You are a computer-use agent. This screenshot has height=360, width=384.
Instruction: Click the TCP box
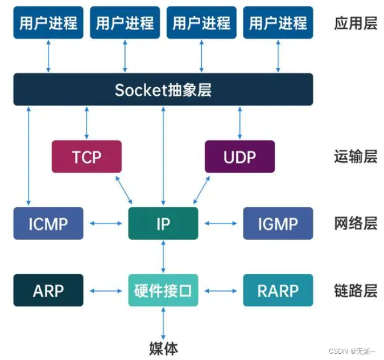pyautogui.click(x=86, y=157)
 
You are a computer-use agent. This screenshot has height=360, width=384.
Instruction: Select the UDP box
pyautogui.click(x=240, y=157)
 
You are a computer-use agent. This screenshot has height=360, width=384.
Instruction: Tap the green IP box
pyautogui.click(x=163, y=223)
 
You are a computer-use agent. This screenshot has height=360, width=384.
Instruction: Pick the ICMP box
pyautogui.click(x=48, y=223)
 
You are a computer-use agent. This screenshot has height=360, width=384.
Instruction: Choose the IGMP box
pyautogui.click(x=278, y=223)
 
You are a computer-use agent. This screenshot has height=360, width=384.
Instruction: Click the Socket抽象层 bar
pyautogui.click(x=163, y=89)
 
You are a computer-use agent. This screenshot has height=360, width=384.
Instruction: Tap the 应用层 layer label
pyautogui.click(x=355, y=23)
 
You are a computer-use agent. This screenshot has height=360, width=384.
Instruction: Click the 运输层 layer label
pyautogui.click(x=355, y=157)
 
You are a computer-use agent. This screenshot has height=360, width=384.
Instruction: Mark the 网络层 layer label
pyautogui.click(x=355, y=223)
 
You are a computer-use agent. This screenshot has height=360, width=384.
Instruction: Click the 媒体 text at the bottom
pyautogui.click(x=163, y=347)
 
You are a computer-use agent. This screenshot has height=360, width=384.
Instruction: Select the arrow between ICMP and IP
pyautogui.click(x=106, y=223)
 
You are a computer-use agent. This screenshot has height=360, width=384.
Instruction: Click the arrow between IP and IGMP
pyautogui.click(x=221, y=223)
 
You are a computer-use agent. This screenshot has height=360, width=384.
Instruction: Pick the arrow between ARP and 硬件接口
pyautogui.click(x=106, y=291)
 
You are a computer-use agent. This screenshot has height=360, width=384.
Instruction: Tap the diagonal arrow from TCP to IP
pyautogui.click(x=123, y=190)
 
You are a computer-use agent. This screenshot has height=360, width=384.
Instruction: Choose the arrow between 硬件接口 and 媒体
pyautogui.click(x=163, y=322)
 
